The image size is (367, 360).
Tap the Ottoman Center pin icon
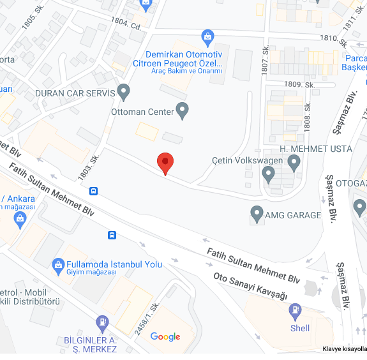point(183,110)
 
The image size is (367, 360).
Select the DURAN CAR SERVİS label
point(75,93)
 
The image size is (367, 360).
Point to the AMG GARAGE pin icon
point(257,213)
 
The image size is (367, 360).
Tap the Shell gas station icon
point(295,311)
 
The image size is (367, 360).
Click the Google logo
point(165,337)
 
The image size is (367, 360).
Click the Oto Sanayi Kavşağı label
point(250,287)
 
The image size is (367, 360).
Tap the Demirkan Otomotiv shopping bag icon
point(207,36)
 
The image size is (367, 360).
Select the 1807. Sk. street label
point(266,59)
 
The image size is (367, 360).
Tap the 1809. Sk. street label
point(300,84)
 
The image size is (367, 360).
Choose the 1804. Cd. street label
point(126,24)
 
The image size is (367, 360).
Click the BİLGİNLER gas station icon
point(101,323)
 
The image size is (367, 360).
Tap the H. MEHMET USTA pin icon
point(294,163)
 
